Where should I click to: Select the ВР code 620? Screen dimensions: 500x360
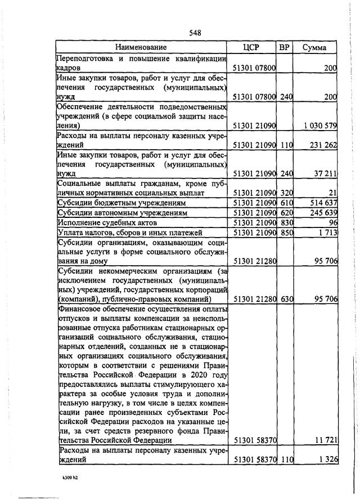click(286, 213)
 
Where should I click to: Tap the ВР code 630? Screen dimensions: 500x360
click(286, 299)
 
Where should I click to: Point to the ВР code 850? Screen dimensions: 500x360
click(286, 233)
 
